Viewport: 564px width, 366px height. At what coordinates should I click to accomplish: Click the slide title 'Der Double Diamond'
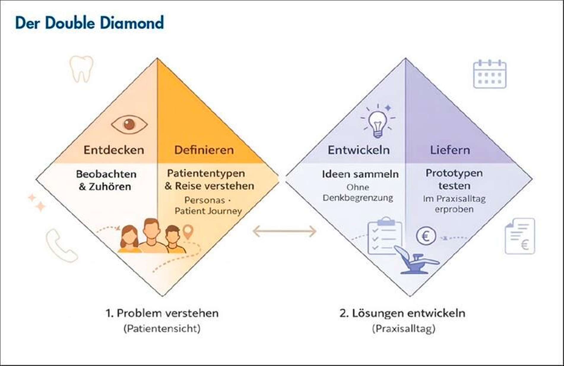point(89,23)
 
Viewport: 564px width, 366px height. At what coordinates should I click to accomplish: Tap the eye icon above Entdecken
point(129,124)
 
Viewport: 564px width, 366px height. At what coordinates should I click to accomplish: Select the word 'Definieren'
point(204,150)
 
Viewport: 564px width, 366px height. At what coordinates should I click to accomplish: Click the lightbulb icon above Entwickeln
point(378,122)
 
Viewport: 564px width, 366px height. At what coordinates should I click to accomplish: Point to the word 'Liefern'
point(450,150)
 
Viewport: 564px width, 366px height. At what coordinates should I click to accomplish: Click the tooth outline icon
point(81,68)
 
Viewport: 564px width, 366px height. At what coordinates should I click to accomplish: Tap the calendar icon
point(489,74)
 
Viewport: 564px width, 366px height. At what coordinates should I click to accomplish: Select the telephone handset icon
point(61,246)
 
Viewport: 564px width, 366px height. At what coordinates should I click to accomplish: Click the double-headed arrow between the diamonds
point(284,231)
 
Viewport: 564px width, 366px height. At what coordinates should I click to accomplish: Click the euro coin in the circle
point(426,236)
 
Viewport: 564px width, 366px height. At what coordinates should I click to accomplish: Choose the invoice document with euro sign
point(520,236)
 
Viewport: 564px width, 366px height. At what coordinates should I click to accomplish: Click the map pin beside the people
point(188,231)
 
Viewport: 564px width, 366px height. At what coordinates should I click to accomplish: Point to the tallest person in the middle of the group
point(152,236)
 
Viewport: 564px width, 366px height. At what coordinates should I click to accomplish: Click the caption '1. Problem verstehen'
point(162,313)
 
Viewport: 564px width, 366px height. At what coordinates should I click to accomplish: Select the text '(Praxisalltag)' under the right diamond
point(403,329)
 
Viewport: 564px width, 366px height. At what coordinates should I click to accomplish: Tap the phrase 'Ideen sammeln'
point(360,174)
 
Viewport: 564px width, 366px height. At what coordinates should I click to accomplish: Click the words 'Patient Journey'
point(208,211)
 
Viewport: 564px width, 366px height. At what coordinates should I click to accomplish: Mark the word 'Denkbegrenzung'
point(358,198)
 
